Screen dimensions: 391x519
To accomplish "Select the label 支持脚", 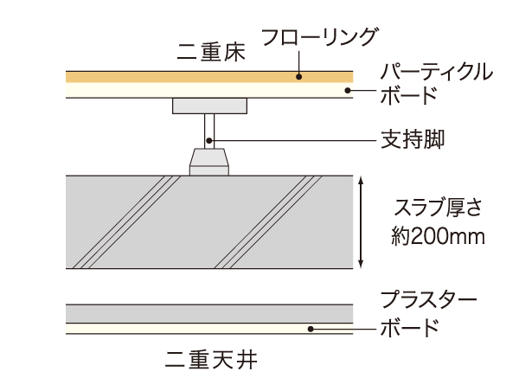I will point(413,138).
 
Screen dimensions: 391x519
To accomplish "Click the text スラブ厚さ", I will point(425,208).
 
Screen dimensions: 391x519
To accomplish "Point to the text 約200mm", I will point(425,234).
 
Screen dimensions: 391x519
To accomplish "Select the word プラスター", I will point(428,303).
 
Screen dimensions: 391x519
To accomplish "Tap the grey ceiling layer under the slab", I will point(173,313).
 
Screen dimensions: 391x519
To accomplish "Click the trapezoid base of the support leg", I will point(209,160).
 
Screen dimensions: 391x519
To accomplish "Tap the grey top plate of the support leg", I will point(209,106).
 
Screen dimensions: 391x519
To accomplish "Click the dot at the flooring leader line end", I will point(299,76).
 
